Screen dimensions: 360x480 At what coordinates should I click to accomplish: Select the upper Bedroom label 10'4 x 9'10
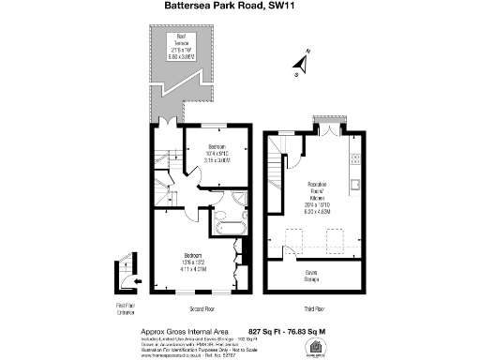[217, 154]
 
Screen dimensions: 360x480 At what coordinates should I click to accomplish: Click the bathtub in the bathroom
[229, 228]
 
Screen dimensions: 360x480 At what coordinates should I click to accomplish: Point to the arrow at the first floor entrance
[137, 280]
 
